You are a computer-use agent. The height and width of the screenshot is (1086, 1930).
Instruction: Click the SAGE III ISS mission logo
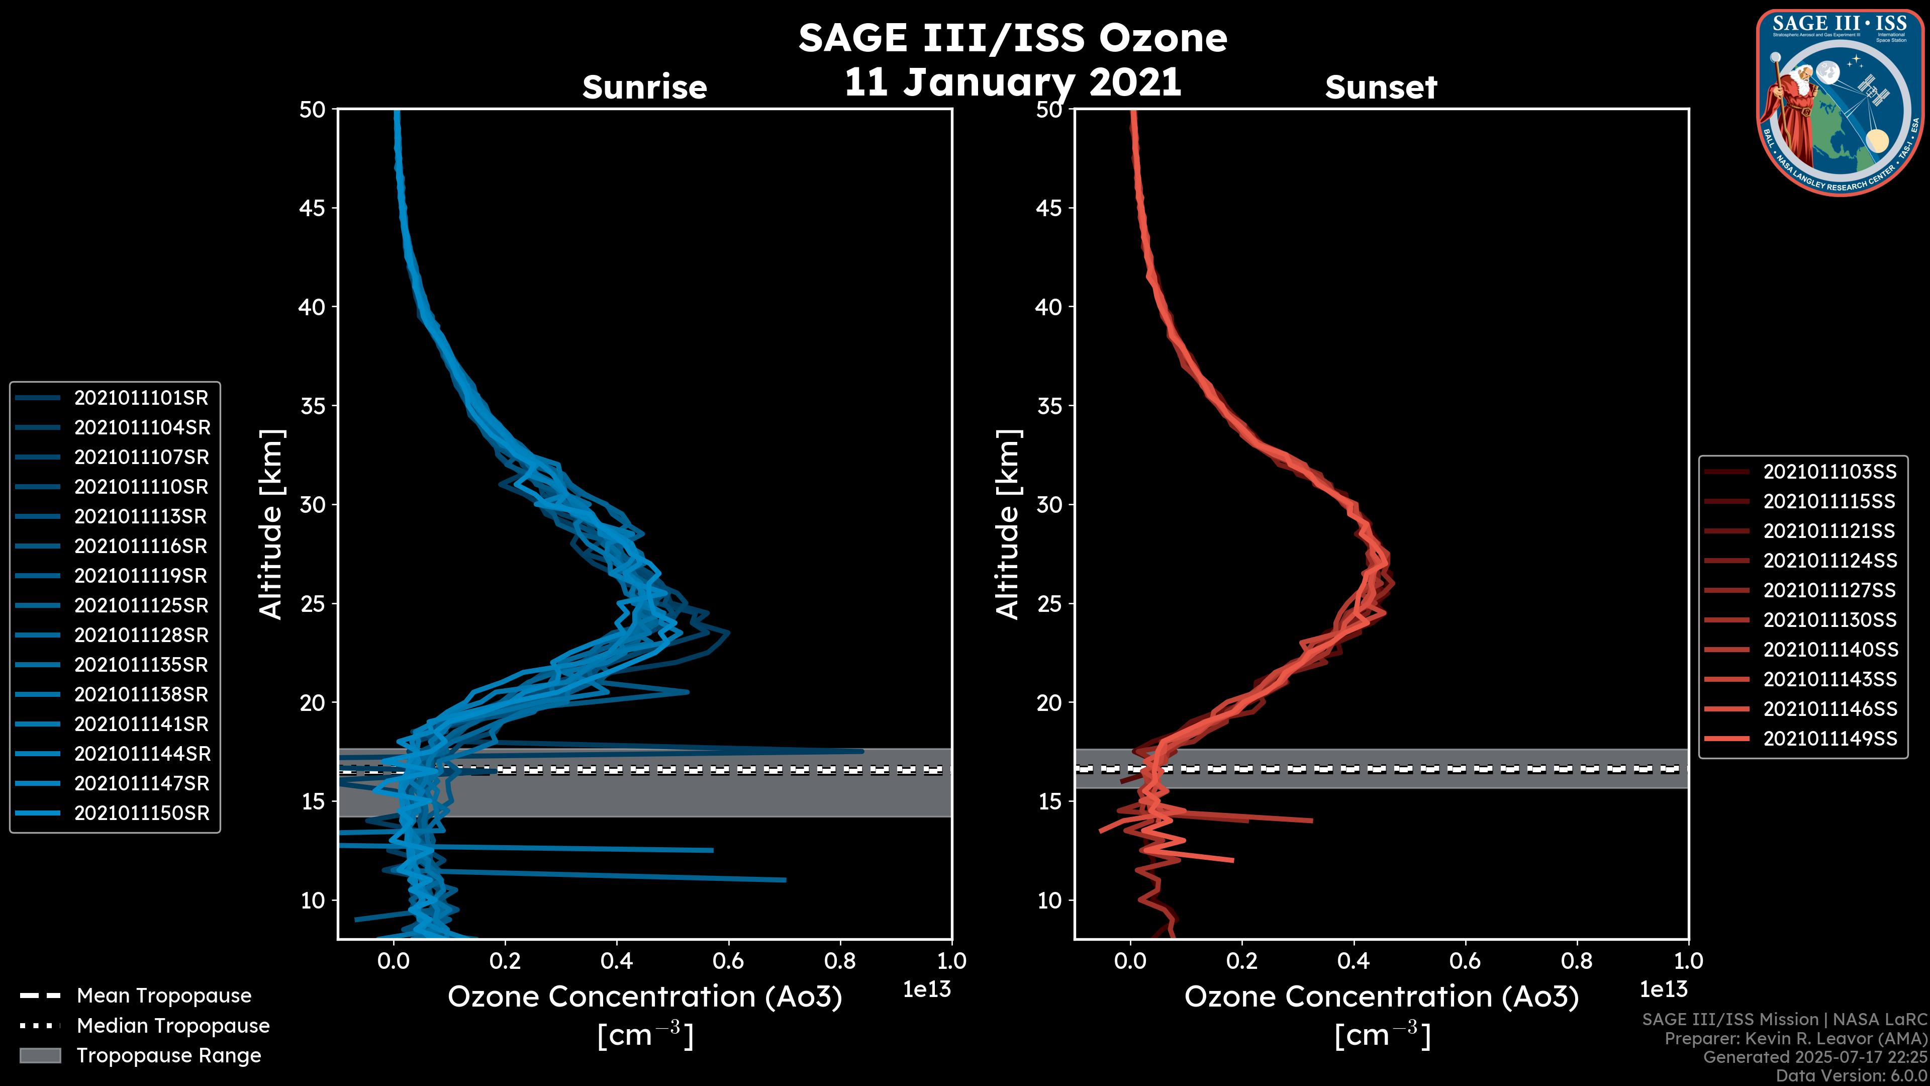tap(1840, 102)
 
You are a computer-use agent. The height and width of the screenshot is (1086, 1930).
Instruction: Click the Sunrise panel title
tap(644, 87)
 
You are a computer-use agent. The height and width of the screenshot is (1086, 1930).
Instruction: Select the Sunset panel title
tap(1381, 87)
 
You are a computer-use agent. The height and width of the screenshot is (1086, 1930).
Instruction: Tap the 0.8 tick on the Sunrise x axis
tap(840, 961)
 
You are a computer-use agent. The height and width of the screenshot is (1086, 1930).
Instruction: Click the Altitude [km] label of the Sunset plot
tap(1008, 524)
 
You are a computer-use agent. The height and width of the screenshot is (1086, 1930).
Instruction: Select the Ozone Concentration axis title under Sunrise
tap(644, 998)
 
